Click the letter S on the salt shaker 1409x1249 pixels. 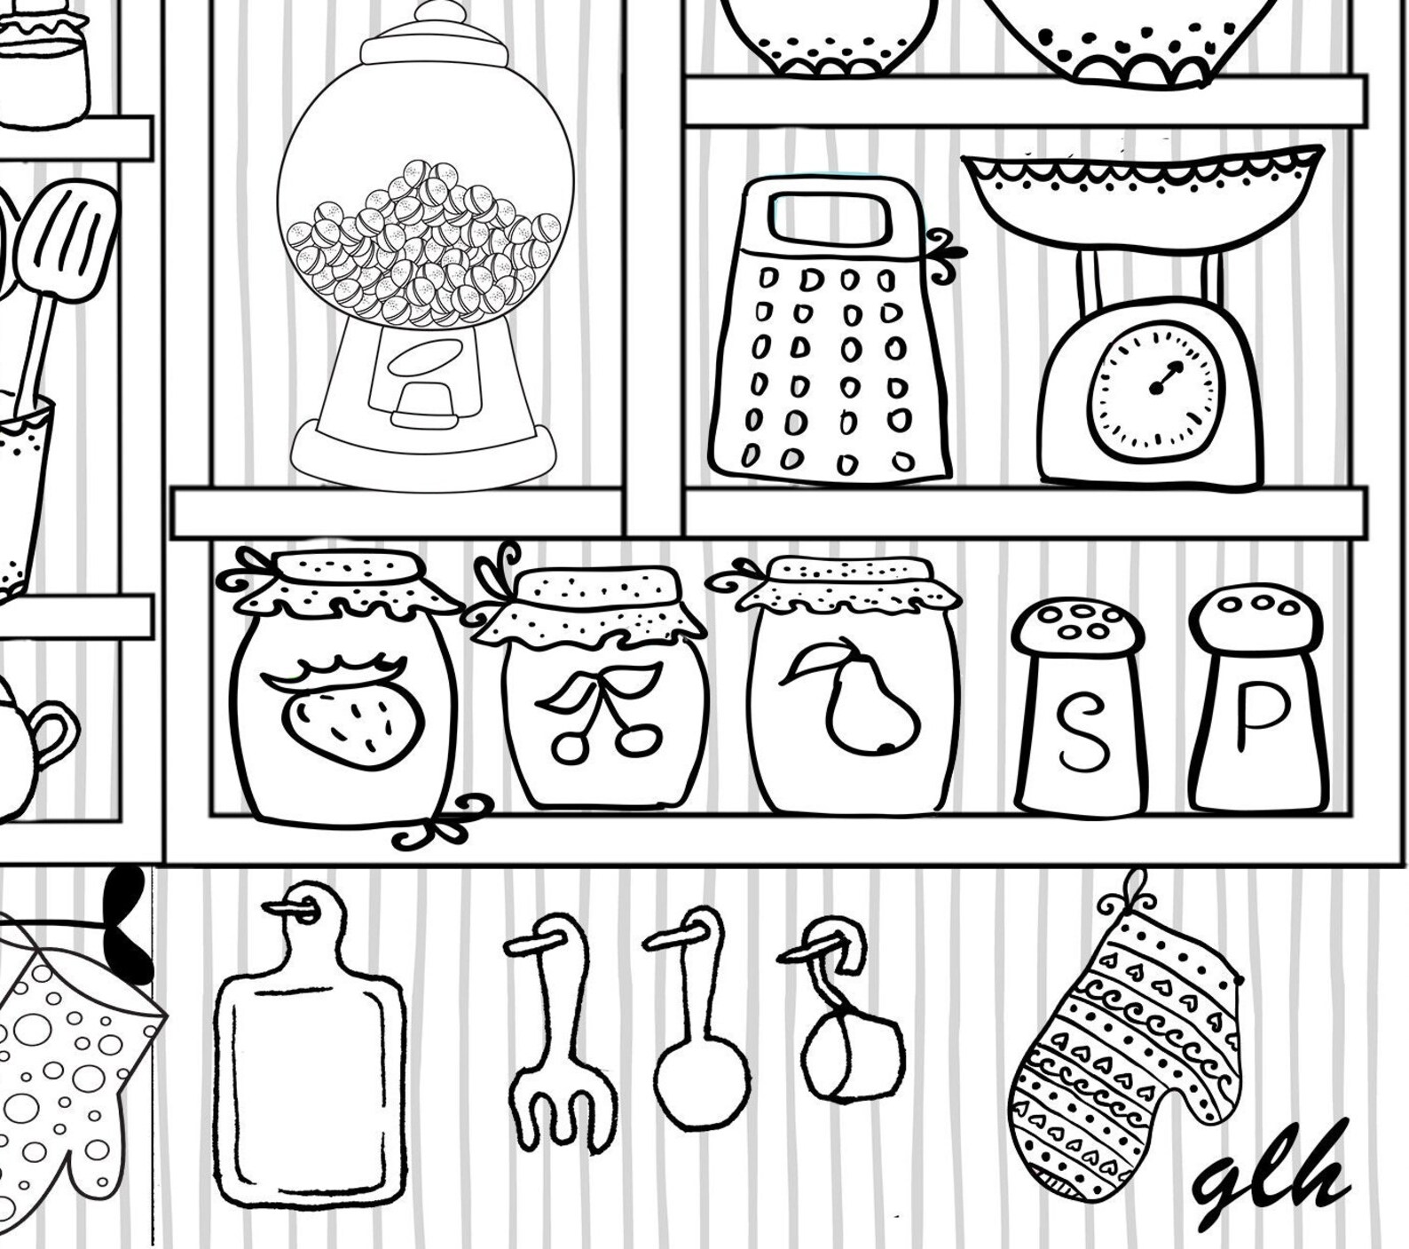tap(1083, 733)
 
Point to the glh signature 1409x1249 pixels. tap(1273, 1172)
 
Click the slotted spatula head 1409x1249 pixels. tap(67, 240)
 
